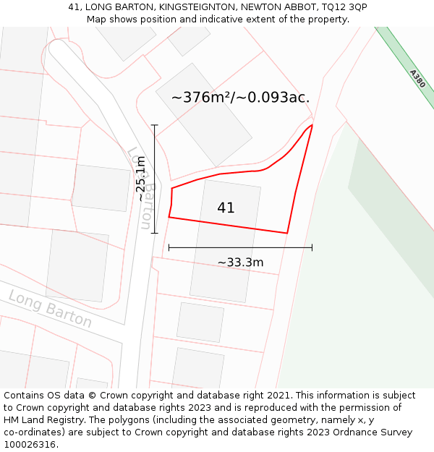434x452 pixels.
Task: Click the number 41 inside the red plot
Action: coord(226,208)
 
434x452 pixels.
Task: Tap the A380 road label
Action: coord(417,79)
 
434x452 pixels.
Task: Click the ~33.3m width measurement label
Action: coord(240,263)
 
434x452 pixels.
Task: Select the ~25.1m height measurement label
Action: coord(141,179)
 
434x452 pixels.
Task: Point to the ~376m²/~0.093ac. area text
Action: coord(240,98)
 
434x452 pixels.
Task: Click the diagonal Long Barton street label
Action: coord(50,309)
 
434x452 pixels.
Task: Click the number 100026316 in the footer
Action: coord(30,445)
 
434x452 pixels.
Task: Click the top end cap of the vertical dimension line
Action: coord(154,125)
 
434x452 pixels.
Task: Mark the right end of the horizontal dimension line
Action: coord(312,247)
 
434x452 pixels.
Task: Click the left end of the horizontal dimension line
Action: coord(169,247)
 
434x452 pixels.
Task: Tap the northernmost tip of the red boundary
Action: coord(312,125)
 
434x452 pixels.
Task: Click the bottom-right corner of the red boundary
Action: coord(287,233)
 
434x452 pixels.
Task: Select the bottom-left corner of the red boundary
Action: coord(169,217)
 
